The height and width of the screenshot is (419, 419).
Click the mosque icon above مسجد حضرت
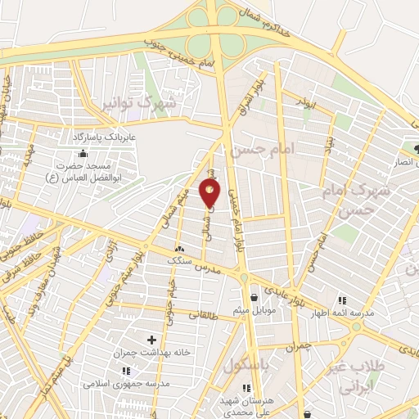pos(82,154)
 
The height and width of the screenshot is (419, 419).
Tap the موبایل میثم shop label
pos(259,310)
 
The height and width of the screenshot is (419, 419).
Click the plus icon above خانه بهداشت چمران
pos(151,339)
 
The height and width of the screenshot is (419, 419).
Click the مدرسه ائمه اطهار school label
pos(341,313)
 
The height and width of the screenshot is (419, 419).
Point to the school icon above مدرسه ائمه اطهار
pos(341,300)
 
